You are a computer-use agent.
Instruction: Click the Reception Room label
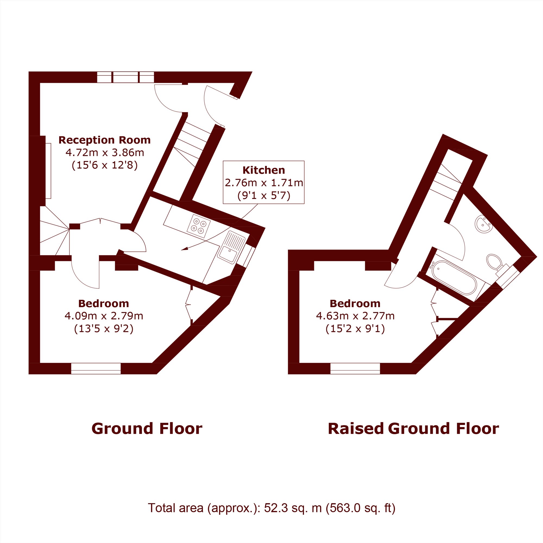click(105, 140)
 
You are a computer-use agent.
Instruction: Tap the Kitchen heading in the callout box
click(264, 170)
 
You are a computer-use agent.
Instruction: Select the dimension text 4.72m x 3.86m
click(105, 153)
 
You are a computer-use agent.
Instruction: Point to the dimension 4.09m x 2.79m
click(104, 316)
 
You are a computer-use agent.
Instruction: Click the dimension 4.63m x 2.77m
click(355, 316)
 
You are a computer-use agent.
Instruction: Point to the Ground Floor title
click(147, 429)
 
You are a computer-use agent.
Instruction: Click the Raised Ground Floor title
click(413, 429)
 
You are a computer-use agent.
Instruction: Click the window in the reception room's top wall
click(125, 77)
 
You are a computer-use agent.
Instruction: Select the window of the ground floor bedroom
click(96, 368)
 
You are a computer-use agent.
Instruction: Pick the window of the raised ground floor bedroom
click(355, 368)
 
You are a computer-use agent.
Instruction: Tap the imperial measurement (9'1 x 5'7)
click(264, 195)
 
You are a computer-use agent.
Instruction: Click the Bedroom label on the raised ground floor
click(355, 304)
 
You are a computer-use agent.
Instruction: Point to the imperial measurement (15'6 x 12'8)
click(105, 165)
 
